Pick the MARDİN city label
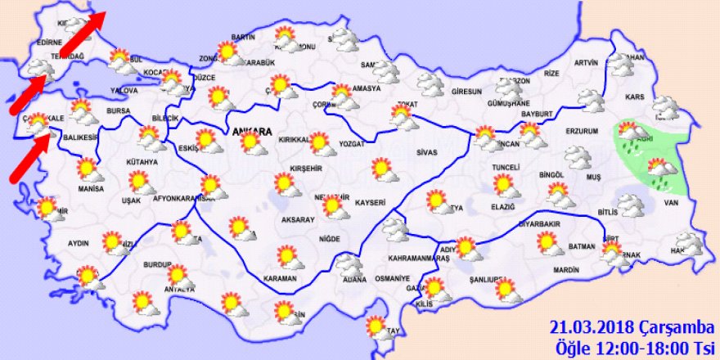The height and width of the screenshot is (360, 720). (x=565, y=270)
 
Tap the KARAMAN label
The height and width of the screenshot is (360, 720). (x=281, y=279)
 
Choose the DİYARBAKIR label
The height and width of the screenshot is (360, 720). (x=541, y=223)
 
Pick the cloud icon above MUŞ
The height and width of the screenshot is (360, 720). (x=578, y=155)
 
